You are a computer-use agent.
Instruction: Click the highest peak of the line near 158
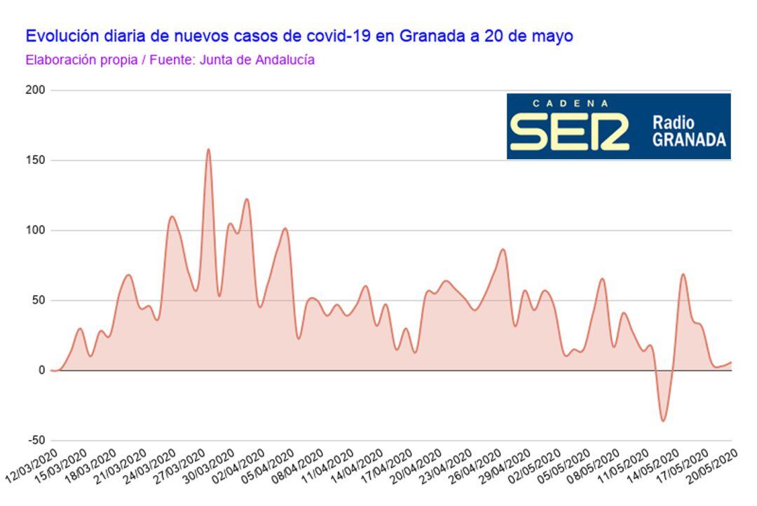point(208,149)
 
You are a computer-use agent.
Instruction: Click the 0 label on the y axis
point(42,370)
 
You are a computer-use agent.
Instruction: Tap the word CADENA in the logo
point(571,103)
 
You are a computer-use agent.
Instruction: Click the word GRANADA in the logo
point(689,139)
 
